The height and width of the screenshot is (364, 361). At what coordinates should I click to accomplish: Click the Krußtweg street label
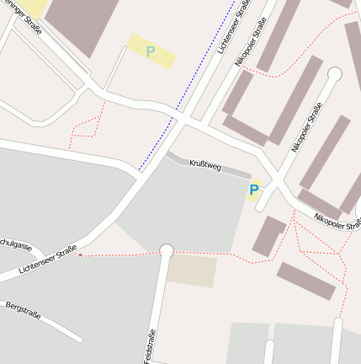point(205,166)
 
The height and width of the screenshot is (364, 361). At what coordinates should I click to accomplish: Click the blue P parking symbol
point(253,190)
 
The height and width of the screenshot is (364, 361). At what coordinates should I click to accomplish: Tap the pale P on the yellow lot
point(151,52)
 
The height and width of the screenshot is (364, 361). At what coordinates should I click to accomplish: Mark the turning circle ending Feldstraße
point(166,250)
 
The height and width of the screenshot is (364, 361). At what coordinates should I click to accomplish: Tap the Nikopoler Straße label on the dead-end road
point(306,126)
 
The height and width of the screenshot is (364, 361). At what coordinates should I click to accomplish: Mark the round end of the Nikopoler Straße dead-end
point(334,74)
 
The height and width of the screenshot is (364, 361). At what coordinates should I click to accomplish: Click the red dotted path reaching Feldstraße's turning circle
point(118,254)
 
